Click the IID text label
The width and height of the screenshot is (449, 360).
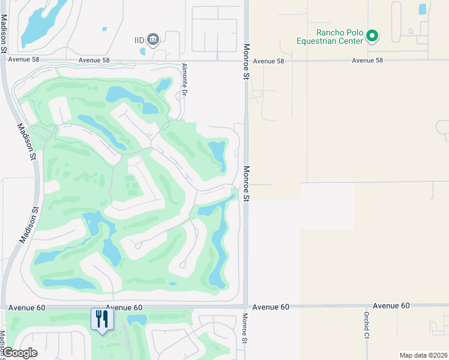pyautogui.click(x=139, y=40)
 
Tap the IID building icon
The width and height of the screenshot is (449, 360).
pyautogui.click(x=154, y=40)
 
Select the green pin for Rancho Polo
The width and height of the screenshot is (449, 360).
pyautogui.click(x=372, y=37)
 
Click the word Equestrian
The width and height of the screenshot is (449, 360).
pyautogui.click(x=339, y=41)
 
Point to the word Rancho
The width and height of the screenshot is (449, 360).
pyautogui.click(x=330, y=33)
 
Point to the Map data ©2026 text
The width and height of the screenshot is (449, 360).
pyautogui.click(x=423, y=355)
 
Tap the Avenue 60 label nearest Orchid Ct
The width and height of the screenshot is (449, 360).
pyautogui.click(x=391, y=306)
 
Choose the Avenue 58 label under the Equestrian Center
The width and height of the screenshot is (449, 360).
pyautogui.click(x=367, y=61)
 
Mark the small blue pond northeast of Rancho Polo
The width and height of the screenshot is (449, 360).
pyautogui.click(x=422, y=9)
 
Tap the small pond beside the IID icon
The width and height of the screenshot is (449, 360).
pyautogui.click(x=143, y=51)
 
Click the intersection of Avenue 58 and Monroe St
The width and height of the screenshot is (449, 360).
pyautogui.click(x=246, y=60)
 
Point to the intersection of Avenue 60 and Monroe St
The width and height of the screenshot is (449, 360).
pyautogui.click(x=246, y=306)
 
